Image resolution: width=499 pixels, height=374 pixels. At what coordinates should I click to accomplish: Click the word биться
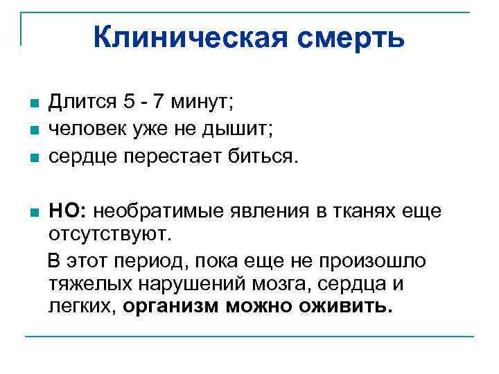coord(264,155)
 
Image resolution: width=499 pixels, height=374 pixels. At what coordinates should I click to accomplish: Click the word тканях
coord(362,210)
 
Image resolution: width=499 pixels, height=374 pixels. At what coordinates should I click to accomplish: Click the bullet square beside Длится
coord(35,104)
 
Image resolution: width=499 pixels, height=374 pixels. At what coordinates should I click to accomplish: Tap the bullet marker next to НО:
coord(35,212)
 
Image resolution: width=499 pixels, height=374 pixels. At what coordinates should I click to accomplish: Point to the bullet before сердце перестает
coord(35,157)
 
